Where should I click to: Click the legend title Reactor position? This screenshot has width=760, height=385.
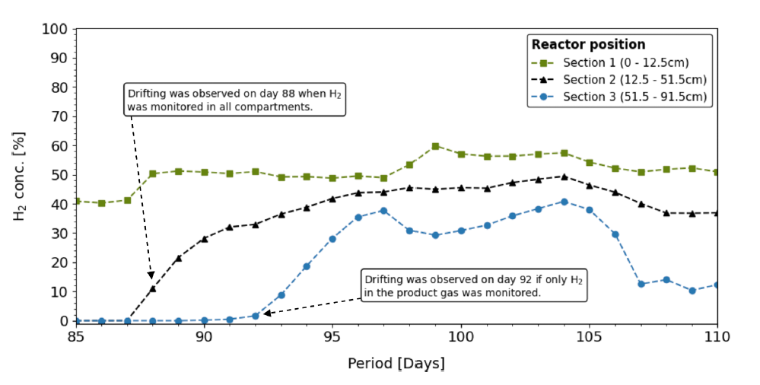(588, 44)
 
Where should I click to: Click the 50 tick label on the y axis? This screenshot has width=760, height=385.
(59, 175)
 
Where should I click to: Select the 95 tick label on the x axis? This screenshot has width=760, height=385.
(332, 336)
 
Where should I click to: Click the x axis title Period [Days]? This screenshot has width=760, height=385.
(396, 364)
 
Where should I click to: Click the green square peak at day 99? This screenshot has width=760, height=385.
(435, 146)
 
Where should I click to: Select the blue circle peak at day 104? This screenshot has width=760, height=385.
(564, 202)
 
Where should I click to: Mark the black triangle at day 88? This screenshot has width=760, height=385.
(152, 288)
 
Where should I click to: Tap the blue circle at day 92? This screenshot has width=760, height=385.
(255, 316)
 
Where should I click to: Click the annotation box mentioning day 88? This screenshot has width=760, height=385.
(234, 100)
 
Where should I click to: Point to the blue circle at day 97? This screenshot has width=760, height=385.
(383, 211)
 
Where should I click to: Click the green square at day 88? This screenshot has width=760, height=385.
(152, 173)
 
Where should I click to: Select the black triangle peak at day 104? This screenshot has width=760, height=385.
(564, 177)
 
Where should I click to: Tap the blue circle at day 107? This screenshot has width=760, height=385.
(641, 284)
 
